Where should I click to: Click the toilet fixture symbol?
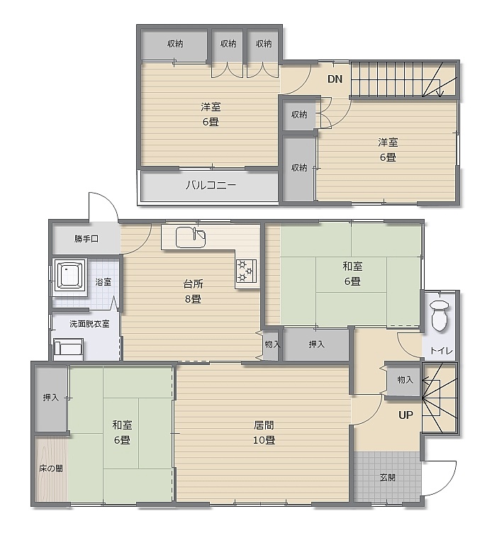[440, 315]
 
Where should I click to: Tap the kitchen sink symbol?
[191, 237]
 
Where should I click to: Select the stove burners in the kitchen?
[245, 271]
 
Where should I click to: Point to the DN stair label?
[335, 79]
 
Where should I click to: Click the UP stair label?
[406, 415]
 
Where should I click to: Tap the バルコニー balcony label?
[211, 185]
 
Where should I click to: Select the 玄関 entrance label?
[388, 478]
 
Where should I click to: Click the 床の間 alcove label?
[50, 469]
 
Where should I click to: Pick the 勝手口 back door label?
[86, 239]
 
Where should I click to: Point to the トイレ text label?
[442, 350]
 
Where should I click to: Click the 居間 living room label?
[264, 425]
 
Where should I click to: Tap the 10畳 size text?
[264, 440]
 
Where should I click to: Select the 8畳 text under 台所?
[193, 299]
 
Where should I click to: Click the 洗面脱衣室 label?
[89, 324]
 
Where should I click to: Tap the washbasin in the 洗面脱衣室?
[68, 349]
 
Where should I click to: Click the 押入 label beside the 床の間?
[50, 397]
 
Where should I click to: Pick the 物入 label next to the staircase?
[406, 380]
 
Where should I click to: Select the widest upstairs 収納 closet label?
[175, 44]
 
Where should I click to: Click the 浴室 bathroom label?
[103, 282]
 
